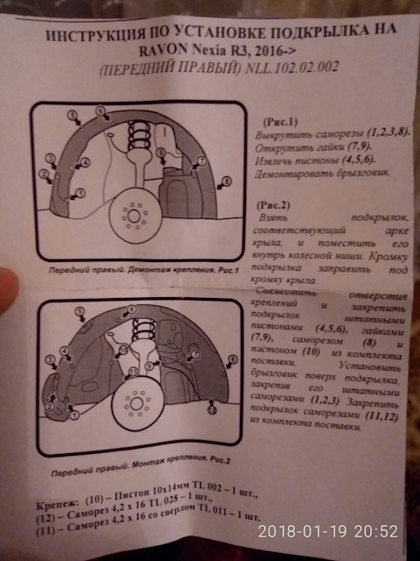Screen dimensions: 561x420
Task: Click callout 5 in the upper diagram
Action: coord(101,111)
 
